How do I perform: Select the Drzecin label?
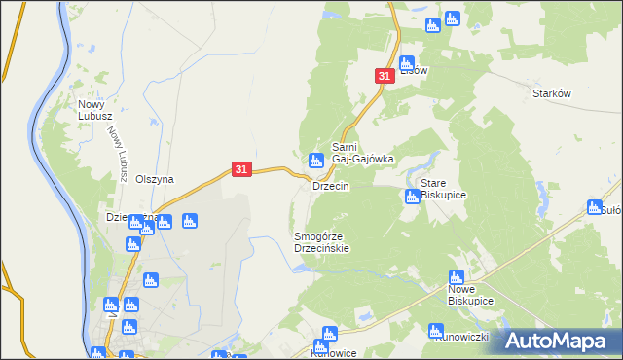(x=330, y=186)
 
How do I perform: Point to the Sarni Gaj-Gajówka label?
(x=362, y=153)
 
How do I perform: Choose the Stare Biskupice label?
(x=443, y=189)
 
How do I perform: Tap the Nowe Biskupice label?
(x=470, y=296)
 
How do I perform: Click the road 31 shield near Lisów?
(x=384, y=76)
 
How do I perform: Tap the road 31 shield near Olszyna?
(x=243, y=170)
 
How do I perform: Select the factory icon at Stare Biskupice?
(x=412, y=198)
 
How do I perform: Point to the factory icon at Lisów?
(x=407, y=63)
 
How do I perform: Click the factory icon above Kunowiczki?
(x=436, y=331)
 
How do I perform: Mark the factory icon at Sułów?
(x=595, y=206)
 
